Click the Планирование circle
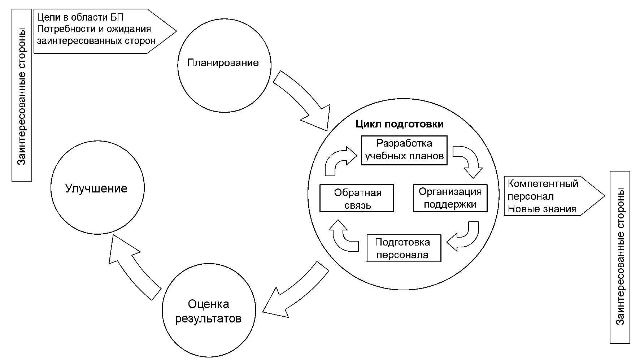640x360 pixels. tap(224, 65)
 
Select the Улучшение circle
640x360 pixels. tap(97, 188)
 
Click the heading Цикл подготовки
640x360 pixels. tap(399, 124)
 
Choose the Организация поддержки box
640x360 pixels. tap(450, 198)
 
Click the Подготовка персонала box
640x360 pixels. tap(404, 248)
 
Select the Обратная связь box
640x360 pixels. tap(357, 199)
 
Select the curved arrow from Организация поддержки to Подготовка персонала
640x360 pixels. tap(465, 237)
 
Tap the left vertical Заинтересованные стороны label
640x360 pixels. tap(22, 95)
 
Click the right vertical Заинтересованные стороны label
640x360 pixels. tap(620, 257)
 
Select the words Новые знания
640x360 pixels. tap(542, 209)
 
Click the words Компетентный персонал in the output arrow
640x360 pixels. tap(543, 190)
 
